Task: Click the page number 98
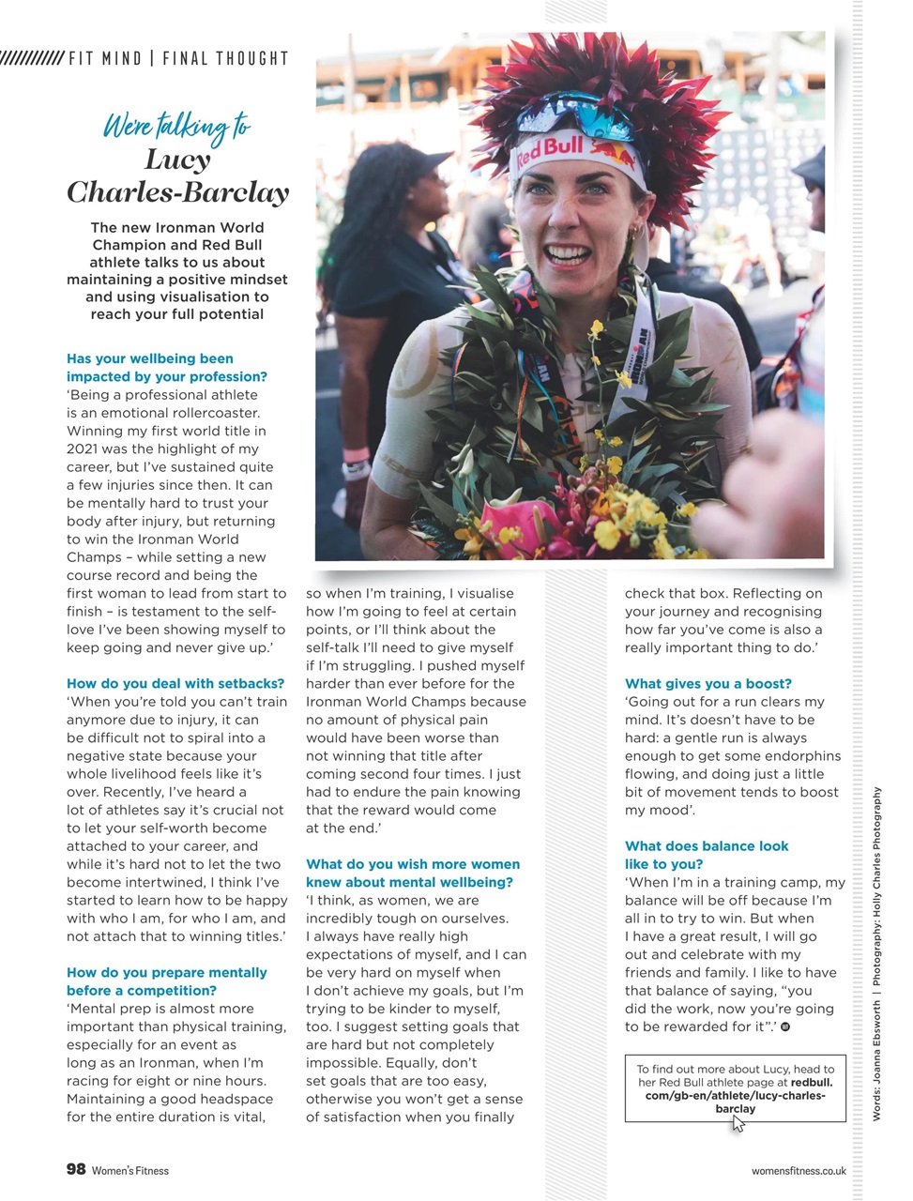76,1169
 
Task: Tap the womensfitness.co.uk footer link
799,1171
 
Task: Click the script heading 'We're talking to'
176,128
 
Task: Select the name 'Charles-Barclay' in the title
177,192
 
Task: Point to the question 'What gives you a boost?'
708,684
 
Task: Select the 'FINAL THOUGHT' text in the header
225,58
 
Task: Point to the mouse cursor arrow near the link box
739,1122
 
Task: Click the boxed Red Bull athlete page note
735,1088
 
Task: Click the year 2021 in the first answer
83,449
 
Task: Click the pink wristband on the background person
356,455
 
